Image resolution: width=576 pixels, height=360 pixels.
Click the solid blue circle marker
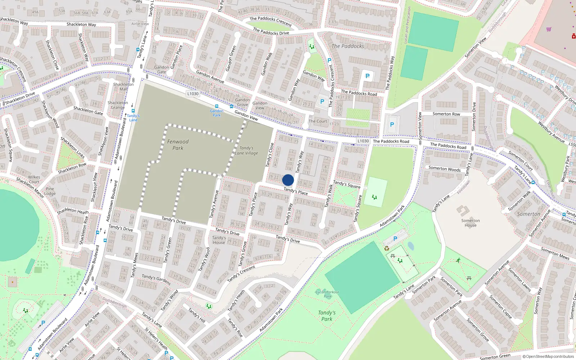coord(288,180)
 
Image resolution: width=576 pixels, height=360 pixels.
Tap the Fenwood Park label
coord(178,145)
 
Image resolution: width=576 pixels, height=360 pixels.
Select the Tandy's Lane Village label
coord(247,150)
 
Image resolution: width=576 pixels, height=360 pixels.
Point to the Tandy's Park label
coord(327,316)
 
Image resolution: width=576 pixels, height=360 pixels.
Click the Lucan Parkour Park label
coord(327,294)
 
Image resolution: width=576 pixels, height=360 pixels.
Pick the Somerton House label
coord(470,223)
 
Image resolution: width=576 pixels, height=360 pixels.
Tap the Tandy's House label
coord(219,240)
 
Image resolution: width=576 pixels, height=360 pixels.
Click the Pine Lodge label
coord(50,191)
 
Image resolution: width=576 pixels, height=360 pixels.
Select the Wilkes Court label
coord(34,179)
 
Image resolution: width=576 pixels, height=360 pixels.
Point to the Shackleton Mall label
coord(123,87)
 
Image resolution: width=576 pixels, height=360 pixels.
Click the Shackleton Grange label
coord(118,105)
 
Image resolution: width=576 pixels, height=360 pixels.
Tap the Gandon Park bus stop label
coord(216,113)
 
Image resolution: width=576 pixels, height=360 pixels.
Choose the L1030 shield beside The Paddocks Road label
coord(363,141)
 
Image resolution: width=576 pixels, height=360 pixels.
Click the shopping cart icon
coord(549,29)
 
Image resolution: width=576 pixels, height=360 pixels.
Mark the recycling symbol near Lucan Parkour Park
coord(387,248)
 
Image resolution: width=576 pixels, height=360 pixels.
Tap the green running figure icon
coord(458,260)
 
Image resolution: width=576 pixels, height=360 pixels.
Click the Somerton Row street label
coord(446,114)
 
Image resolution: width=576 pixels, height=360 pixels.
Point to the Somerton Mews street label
coord(555,253)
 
